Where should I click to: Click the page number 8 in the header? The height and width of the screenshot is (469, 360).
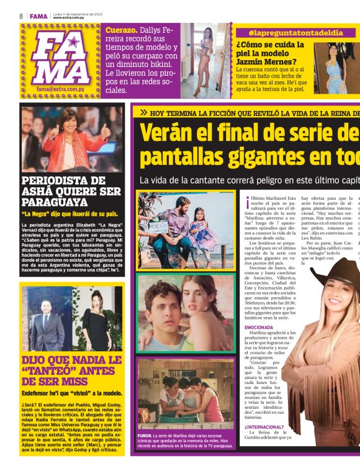22,16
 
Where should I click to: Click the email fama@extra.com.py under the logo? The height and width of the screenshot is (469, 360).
60,89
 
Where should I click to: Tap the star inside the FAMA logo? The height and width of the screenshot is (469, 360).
73,42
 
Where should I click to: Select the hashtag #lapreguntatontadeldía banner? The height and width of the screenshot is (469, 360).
287,32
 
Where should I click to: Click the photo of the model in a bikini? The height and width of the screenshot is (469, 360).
205,60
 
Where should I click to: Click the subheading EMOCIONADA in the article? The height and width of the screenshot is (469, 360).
258,326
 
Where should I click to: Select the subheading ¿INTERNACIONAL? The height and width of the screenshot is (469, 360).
264,427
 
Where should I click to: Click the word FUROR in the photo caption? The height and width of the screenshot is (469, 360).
144,436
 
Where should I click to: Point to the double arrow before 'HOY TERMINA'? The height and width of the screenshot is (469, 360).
143,113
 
